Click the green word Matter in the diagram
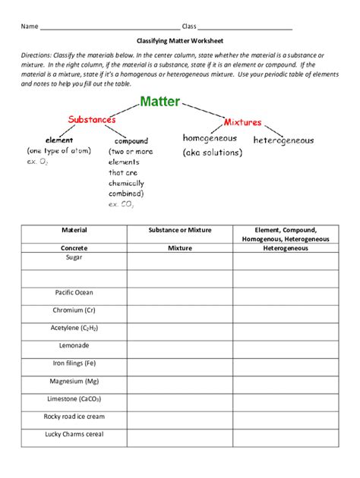pos(161,102)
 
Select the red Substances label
pos(92,120)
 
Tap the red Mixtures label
pos(242,121)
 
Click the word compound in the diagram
pos(131,141)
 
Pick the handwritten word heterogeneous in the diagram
pos(283,140)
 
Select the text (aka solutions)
pos(212,153)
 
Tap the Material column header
pos(74,229)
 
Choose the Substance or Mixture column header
pos(179,229)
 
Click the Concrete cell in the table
pos(74,247)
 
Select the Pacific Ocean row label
pos(74,292)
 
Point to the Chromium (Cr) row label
pos(74,310)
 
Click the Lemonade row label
pos(74,345)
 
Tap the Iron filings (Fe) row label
pos(74,363)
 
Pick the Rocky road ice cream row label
pos(74,417)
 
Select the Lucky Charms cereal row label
pos(74,434)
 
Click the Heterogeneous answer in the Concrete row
pos(285,247)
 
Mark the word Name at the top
pos(29,27)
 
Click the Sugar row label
pos(74,258)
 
